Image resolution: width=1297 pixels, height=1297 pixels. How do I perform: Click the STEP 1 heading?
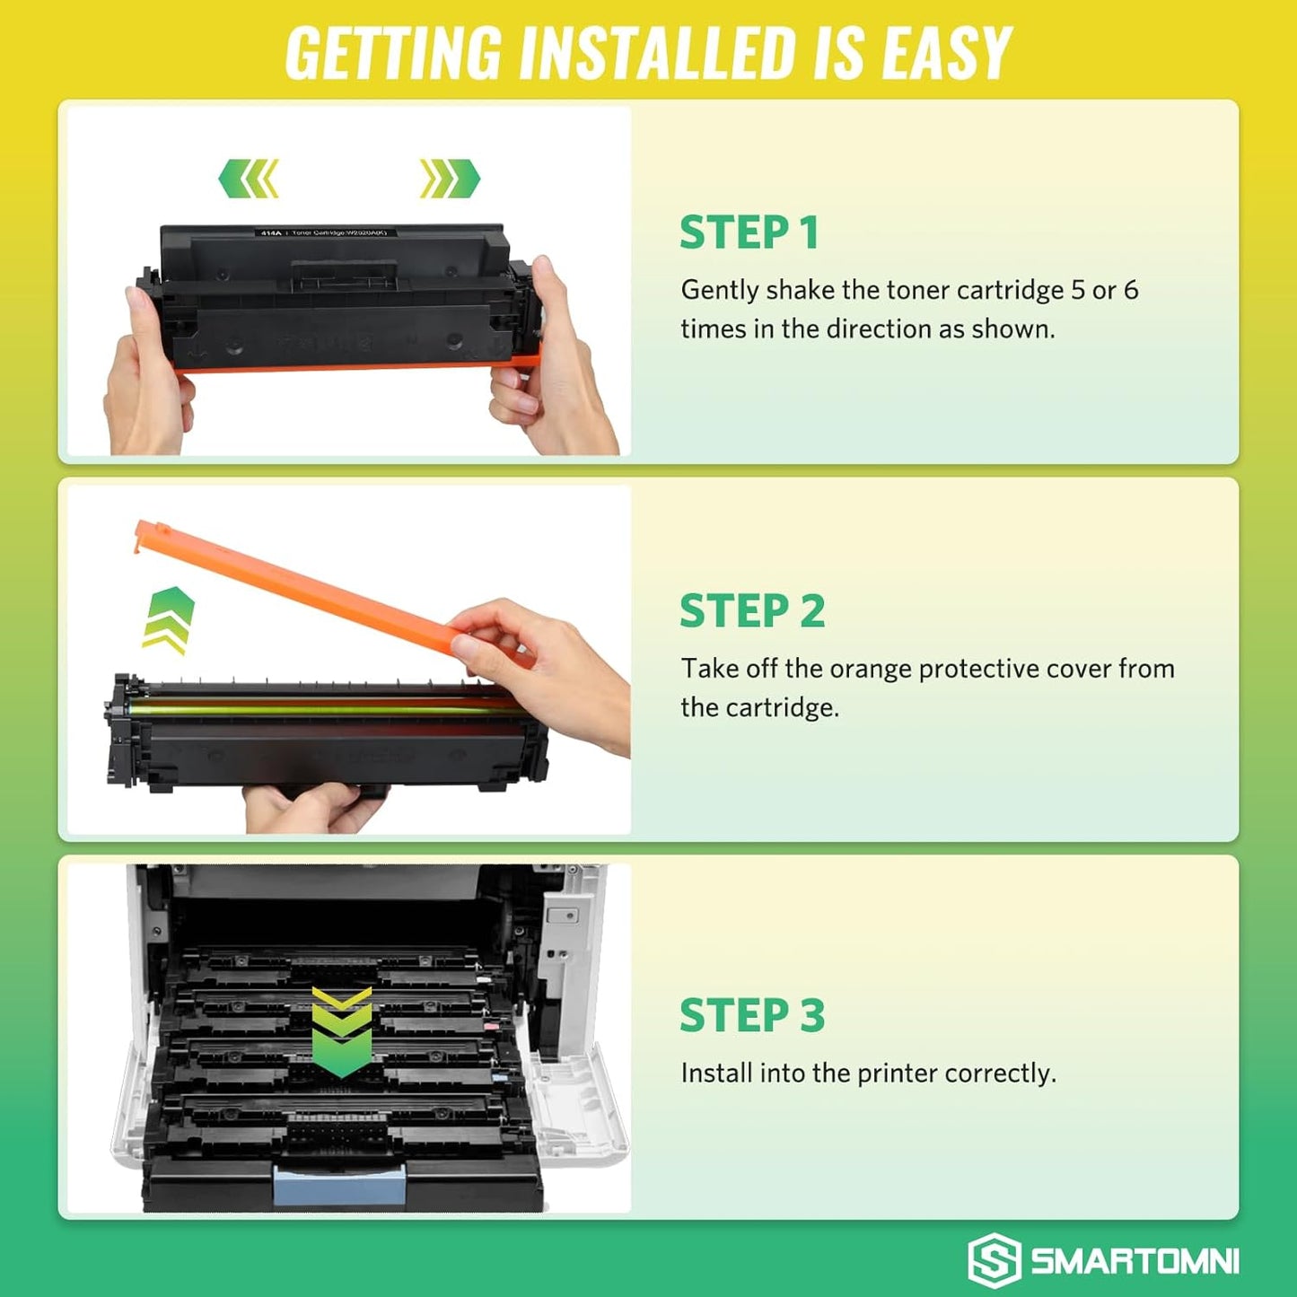pos(749,232)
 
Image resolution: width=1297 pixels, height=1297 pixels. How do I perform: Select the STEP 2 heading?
pos(751,611)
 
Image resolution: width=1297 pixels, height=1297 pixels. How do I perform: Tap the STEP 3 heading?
pos(751,1015)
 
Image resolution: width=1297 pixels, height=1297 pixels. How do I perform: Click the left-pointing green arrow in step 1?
pos(249,178)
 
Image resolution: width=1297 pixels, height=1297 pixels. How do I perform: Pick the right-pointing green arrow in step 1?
pos(450,178)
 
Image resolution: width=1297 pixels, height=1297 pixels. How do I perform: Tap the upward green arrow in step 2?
pos(169,619)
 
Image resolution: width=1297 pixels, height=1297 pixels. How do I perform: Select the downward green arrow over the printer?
pos(341,1032)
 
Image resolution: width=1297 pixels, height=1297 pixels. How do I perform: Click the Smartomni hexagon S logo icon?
pos(994,1260)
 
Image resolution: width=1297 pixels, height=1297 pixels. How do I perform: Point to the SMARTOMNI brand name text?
pos(1135,1261)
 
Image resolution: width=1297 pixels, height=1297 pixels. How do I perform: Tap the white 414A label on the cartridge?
pos(270,232)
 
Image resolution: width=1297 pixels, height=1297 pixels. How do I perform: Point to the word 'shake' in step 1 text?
pos(800,290)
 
